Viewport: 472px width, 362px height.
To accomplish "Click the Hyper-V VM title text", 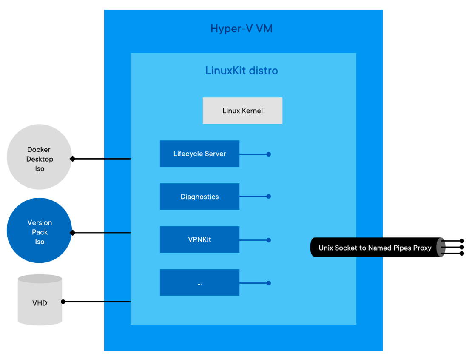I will tap(242, 29).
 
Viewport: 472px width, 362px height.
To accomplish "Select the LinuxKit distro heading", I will tap(242, 71).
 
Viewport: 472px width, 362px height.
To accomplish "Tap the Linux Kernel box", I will tap(242, 111).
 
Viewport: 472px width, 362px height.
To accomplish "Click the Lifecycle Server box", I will tap(199, 154).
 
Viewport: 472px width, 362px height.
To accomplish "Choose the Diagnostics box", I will tap(199, 197).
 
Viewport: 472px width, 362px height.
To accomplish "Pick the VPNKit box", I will tap(199, 239).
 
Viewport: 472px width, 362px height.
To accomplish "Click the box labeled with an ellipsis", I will tap(199, 282).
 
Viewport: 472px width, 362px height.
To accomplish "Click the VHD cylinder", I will tap(40, 303).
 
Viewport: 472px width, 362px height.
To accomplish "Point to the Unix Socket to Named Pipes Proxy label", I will tap(375, 248).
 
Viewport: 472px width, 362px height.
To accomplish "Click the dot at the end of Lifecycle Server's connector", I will tap(269, 154).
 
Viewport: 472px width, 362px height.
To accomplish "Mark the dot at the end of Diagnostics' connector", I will tap(269, 197).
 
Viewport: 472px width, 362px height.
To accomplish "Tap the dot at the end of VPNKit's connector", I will tap(269, 240).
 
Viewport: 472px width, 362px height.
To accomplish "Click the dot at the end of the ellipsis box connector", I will tap(269, 283).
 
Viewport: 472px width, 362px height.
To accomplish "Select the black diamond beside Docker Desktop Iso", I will tap(73, 159).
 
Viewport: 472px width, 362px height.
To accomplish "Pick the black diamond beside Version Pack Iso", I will tap(73, 233).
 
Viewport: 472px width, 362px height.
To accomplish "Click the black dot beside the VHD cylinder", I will tap(63, 302).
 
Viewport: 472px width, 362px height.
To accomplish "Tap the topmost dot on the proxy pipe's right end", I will tap(462, 241).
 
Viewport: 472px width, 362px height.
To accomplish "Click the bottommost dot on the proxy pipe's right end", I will tap(462, 254).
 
